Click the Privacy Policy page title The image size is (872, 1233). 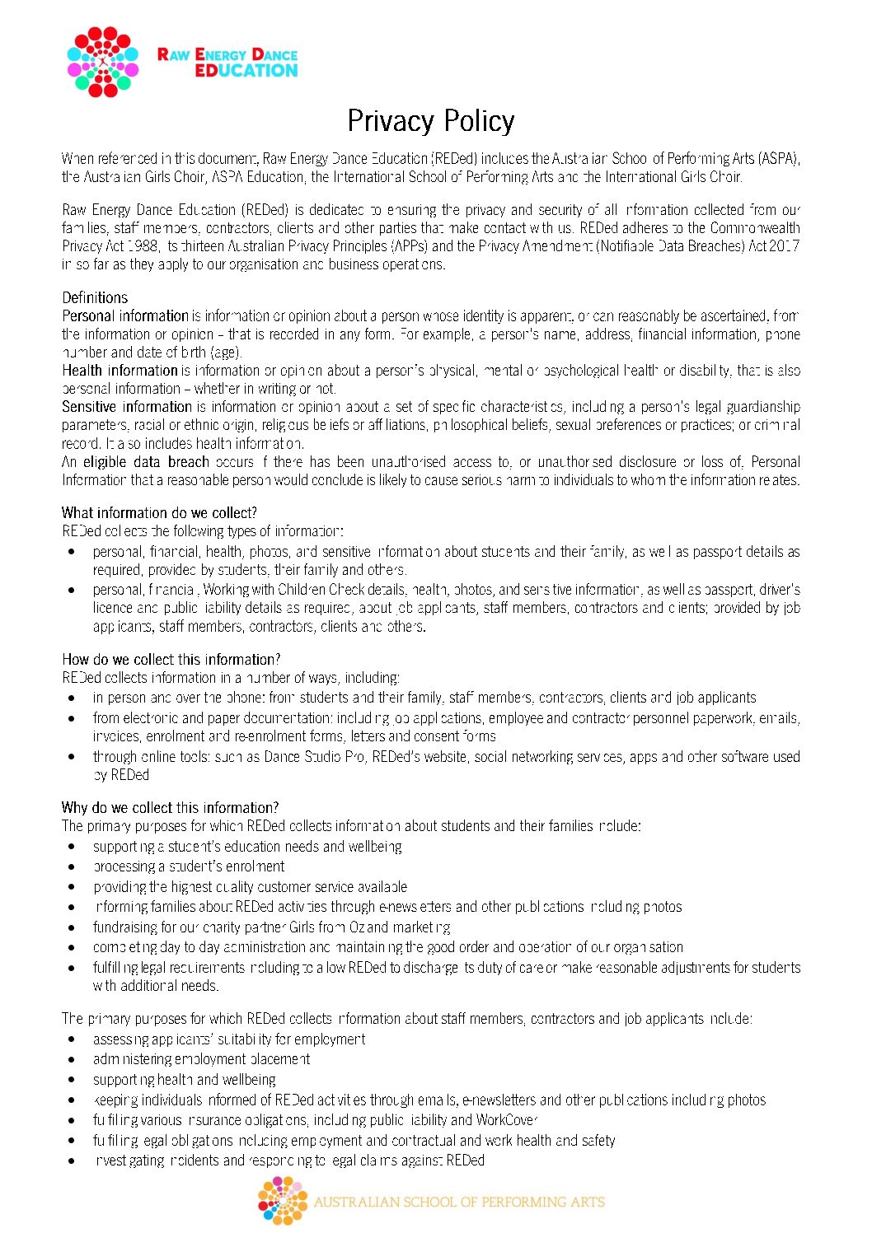pyautogui.click(x=430, y=121)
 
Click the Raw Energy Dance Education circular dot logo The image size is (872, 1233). pyautogui.click(x=102, y=62)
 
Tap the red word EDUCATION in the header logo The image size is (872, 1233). pyautogui.click(x=246, y=71)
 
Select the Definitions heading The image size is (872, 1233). pyautogui.click(x=95, y=297)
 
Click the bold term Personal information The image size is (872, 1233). pyautogui.click(x=125, y=315)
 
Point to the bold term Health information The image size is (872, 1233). pyautogui.click(x=120, y=370)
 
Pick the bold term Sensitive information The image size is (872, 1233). pyautogui.click(x=126, y=406)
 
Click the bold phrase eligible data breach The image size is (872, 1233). pyautogui.click(x=146, y=461)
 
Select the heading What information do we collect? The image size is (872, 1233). pyautogui.click(x=159, y=512)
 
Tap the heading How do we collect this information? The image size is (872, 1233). pyautogui.click(x=171, y=659)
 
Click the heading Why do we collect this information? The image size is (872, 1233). pyautogui.click(x=170, y=807)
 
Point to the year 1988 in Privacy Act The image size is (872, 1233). pyautogui.click(x=142, y=245)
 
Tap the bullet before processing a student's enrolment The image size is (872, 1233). pyautogui.click(x=73, y=866)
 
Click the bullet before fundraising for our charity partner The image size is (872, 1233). pyautogui.click(x=73, y=927)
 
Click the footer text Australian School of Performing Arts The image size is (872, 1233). pyautogui.click(x=458, y=1202)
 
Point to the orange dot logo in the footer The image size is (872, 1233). pyautogui.click(x=282, y=1200)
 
